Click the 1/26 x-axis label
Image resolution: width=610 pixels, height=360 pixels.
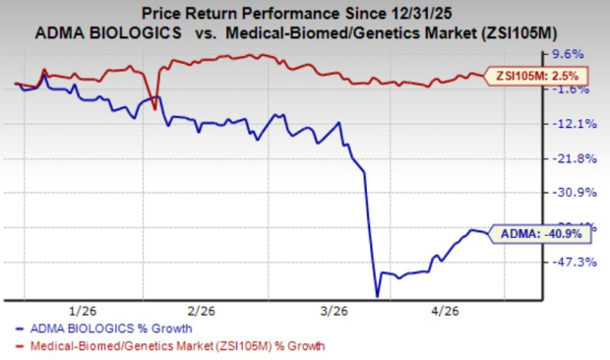coord(82,307)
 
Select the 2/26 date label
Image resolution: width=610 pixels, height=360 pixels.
coord(201,307)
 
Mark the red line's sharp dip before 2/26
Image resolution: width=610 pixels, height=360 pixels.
coord(154,106)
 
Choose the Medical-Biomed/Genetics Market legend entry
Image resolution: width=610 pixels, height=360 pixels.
coord(167,345)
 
